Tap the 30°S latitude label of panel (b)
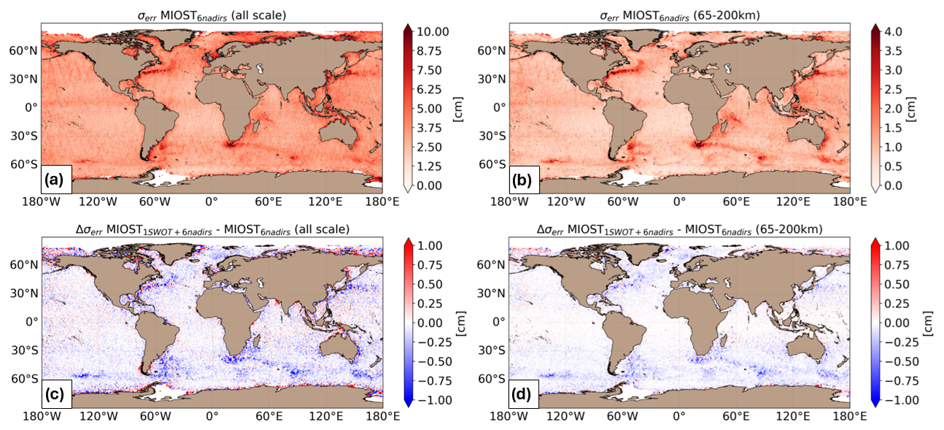click(493, 136)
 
